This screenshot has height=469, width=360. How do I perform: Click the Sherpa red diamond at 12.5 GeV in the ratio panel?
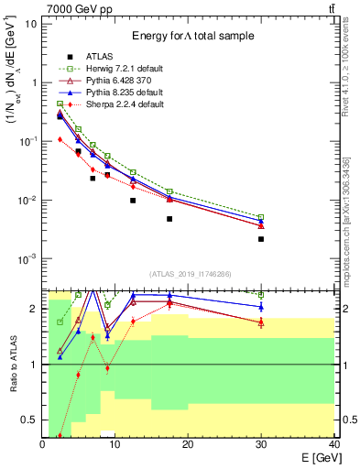(133, 321)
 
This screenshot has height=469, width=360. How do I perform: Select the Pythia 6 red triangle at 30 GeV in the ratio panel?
(261, 322)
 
